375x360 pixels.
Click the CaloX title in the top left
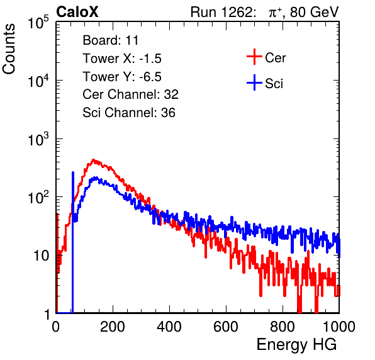77,12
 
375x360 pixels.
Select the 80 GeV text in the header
314,13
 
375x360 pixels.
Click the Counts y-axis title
9,48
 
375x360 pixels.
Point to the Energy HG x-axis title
296,345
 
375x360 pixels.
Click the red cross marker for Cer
254,57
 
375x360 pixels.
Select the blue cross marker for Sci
254,83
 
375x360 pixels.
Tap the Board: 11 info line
111,40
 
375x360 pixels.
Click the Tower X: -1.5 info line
122,59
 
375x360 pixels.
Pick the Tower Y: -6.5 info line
122,77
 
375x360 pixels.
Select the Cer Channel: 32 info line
130,94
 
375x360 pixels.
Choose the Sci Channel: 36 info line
129,113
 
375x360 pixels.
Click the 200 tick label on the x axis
113,327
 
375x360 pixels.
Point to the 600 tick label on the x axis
226,327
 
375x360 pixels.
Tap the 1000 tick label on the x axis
339,327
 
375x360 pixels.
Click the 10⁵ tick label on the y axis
38,22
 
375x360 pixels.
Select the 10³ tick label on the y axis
38,138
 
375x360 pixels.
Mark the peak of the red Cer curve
93,160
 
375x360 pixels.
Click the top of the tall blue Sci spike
73,172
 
